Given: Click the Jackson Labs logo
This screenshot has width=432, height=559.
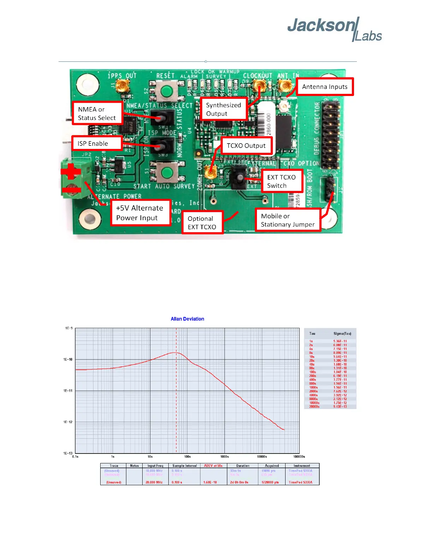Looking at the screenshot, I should [x=334, y=29].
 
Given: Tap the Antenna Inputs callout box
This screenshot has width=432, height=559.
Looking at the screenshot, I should [x=325, y=87].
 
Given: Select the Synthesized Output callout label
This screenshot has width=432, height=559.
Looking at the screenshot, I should [x=223, y=109].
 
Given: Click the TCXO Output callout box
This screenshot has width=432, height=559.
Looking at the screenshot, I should [x=246, y=146].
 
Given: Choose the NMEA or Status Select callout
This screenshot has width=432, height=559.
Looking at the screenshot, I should [x=97, y=113].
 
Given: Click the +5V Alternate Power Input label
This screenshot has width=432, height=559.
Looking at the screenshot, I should [x=140, y=213].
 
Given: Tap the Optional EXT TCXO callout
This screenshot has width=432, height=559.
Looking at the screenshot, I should [x=202, y=223].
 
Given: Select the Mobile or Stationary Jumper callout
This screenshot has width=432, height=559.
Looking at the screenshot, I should [x=288, y=220].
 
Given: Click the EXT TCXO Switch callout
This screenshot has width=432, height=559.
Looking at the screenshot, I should [x=282, y=181].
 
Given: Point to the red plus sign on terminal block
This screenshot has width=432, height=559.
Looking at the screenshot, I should [x=71, y=172].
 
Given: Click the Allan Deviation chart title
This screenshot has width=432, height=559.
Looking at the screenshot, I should [x=187, y=319].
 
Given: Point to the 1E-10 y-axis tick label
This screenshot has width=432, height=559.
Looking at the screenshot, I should [x=68, y=360].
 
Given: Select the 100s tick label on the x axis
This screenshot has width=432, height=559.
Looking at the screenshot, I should [x=187, y=457].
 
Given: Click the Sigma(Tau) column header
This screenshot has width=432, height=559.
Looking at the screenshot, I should [x=342, y=333].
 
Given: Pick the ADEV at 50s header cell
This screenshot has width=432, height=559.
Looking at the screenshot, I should [x=213, y=466].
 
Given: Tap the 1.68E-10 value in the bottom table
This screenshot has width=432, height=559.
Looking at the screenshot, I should [x=210, y=482].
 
